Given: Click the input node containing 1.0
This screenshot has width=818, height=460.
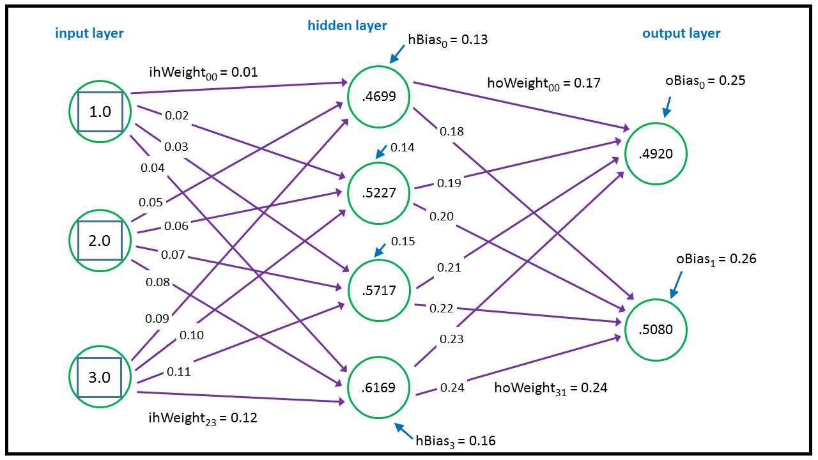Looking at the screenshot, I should point(100,112).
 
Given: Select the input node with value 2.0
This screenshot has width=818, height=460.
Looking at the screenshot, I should point(100,241).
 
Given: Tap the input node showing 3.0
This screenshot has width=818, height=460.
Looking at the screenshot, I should point(100,377).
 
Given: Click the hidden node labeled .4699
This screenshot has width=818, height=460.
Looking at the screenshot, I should point(379,96).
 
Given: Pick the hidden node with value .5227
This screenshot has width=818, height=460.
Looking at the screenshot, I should point(379,193).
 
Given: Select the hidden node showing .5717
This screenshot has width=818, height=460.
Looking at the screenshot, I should point(379,291).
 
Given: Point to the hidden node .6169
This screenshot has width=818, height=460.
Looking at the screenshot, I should point(379,387).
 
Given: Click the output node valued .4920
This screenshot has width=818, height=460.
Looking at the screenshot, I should point(656,153).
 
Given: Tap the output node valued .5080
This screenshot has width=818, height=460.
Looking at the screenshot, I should point(656,330).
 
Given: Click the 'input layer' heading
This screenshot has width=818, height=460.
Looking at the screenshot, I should point(89,33).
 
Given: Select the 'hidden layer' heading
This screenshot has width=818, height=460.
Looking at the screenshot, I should point(347,26).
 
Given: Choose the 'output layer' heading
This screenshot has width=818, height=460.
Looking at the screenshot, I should point(681,33).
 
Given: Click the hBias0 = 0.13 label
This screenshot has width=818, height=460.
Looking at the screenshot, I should point(447,40).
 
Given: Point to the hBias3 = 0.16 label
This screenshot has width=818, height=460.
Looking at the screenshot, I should point(455,441).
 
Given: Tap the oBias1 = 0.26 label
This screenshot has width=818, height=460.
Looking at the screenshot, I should point(716,259).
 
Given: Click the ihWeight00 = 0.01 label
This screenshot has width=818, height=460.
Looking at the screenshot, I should point(203,72).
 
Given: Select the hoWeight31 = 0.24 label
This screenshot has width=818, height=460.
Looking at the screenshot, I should point(550,388).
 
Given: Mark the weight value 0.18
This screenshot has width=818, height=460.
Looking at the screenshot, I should point(452,132).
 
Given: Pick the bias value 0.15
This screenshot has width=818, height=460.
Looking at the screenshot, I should point(403,241).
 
